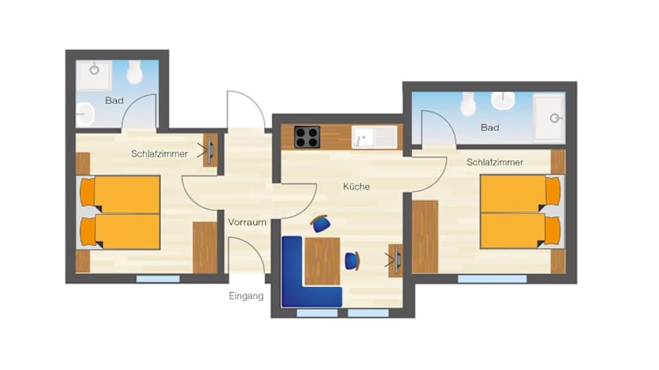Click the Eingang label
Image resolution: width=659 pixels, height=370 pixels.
click(246, 296)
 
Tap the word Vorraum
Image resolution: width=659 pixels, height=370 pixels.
click(247, 223)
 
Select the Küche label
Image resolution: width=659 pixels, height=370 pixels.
click(356, 187)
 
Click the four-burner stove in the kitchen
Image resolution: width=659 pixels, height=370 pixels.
click(307, 137)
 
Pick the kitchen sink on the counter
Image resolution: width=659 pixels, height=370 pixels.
click(374, 137)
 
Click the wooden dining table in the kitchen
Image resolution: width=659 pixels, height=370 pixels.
click(323, 261)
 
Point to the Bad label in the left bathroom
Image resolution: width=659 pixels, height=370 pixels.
click(114, 101)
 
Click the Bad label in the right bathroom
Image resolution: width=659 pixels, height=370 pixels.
click(490, 128)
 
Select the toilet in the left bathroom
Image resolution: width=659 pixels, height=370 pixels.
click(135, 72)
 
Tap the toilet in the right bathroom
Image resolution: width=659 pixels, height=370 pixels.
click(468, 104)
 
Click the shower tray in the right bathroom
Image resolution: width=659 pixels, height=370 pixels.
click(548, 118)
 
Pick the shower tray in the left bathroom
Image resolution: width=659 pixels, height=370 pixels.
click(95, 75)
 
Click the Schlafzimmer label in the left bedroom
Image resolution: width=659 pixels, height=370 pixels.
click(160, 154)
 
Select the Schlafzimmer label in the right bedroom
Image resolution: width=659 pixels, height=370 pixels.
click(494, 163)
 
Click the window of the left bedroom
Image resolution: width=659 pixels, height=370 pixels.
click(158, 279)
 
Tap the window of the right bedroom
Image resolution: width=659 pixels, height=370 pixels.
click(493, 279)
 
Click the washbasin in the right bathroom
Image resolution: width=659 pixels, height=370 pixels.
click(503, 101)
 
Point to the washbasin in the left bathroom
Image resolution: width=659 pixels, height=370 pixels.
click(85, 114)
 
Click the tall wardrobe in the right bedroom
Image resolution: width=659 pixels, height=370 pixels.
click(425, 237)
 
